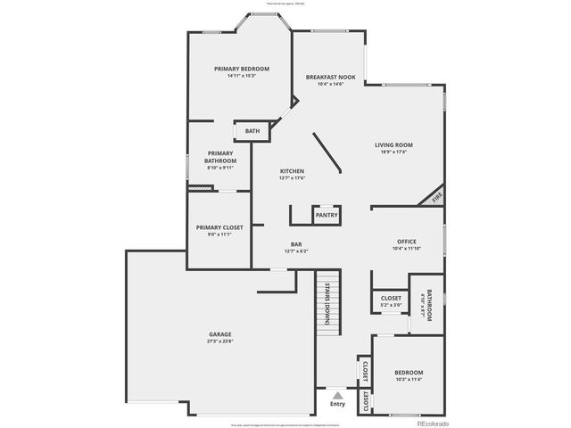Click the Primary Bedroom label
point(241,69)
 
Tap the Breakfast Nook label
point(330,78)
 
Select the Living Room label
point(393,144)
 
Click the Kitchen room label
point(293,171)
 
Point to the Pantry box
point(326,215)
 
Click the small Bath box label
point(252,132)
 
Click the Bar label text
point(295,244)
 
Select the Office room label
point(407,242)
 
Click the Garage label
point(220,334)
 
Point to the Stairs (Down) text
point(328,303)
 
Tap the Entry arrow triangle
point(336,392)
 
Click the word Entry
point(336,404)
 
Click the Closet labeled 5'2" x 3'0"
point(391,299)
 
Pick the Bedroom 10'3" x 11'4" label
point(409,372)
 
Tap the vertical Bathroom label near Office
point(429,306)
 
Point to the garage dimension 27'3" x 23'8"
point(220,342)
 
